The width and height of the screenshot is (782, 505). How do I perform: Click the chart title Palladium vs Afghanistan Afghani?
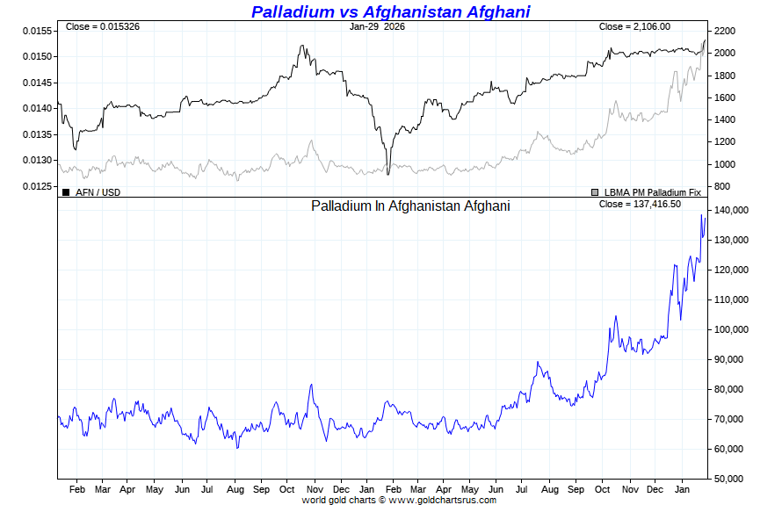tap(390, 11)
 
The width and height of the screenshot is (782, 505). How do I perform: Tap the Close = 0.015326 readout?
tap(102, 26)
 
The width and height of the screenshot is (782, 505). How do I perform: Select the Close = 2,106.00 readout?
tap(634, 26)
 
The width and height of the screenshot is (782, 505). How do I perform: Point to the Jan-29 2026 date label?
tap(377, 26)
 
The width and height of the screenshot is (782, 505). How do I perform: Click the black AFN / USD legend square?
tap(66, 191)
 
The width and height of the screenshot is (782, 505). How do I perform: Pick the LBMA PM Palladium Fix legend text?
tap(652, 191)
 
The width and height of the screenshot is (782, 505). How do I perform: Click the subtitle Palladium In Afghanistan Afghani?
tap(410, 206)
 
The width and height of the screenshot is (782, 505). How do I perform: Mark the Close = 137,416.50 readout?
tap(640, 204)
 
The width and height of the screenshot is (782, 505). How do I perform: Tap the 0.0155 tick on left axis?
tap(37, 31)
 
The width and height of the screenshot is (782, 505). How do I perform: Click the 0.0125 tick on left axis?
tap(37, 186)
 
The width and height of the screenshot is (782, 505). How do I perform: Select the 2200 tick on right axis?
tap(724, 31)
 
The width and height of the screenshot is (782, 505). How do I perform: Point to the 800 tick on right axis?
tap(721, 186)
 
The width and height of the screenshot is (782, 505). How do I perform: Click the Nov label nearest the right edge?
tap(629, 488)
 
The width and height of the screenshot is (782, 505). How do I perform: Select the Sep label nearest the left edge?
tap(261, 488)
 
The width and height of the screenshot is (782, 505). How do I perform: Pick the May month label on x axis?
tap(154, 488)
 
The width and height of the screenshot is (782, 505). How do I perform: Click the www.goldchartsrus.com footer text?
tap(442, 500)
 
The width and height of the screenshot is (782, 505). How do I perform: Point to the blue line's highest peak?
tap(701, 214)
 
